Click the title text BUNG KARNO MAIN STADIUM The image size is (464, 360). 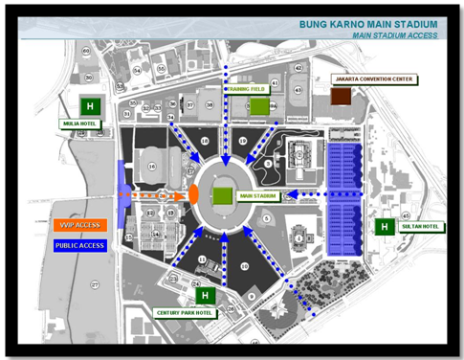pos(368,22)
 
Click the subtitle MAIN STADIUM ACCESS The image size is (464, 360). pos(394,34)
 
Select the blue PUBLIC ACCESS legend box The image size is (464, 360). pos(81,246)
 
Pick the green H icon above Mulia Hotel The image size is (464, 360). pos(90,104)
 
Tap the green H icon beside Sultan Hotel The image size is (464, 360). pos(384,227)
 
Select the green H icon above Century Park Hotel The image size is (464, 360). pos(204,296)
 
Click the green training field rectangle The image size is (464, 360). pos(259,106)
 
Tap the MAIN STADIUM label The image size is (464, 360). pos(258,195)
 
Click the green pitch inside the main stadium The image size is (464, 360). pos(222,195)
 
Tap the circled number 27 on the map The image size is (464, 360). pos(95,285)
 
